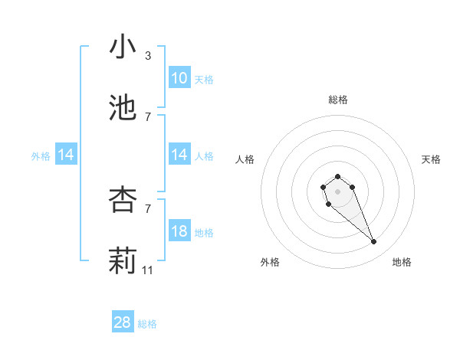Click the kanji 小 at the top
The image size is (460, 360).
tap(123, 47)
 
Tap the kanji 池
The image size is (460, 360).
tap(123, 109)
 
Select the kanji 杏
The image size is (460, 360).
tap(123, 200)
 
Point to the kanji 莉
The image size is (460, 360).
tap(123, 261)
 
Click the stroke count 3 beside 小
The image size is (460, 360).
tap(148, 56)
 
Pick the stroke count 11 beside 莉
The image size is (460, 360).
tap(148, 270)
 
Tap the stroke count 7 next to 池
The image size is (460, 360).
tap(148, 117)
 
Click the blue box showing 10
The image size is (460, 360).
tap(179, 78)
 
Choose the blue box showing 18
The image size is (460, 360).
tap(179, 231)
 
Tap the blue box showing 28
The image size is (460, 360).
tap(123, 322)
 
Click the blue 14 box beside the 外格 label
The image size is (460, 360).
tap(66, 155)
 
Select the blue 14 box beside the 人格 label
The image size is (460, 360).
tap(179, 155)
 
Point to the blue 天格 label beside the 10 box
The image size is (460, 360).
tap(204, 80)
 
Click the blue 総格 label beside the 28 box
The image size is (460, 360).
tap(147, 324)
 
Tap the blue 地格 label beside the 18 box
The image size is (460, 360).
tap(204, 233)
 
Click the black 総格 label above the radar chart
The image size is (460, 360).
tap(338, 100)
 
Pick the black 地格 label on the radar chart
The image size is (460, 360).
tap(402, 262)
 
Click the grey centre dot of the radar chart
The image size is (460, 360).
tap(337, 191)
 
